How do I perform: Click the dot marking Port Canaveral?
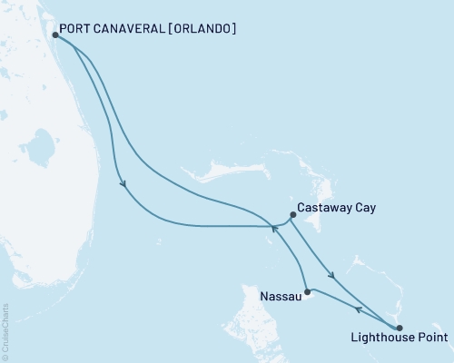(x=56, y=35)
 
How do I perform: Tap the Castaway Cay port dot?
(x=292, y=215)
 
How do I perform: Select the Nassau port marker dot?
(x=307, y=291)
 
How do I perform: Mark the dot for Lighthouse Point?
(x=400, y=328)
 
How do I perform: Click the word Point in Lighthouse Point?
(x=430, y=339)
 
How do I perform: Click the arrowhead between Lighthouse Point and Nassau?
(x=358, y=309)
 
